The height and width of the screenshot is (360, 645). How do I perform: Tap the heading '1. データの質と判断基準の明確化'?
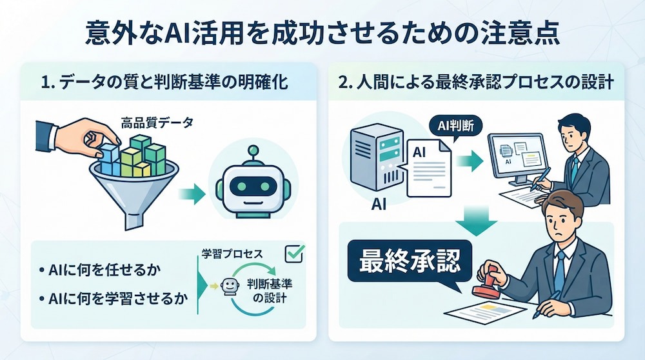[164, 83]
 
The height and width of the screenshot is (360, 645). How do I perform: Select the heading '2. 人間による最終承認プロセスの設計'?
[477, 83]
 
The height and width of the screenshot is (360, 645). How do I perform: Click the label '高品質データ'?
[157, 122]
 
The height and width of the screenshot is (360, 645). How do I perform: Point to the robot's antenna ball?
[253, 150]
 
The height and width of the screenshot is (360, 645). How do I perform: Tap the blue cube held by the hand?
[108, 154]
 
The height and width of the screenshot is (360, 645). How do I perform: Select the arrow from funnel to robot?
[192, 194]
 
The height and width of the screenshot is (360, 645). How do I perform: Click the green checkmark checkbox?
[295, 254]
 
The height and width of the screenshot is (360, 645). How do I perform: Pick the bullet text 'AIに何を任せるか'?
[100, 270]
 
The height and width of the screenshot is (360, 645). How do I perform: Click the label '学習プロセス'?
[232, 254]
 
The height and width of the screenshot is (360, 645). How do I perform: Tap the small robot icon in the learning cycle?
[230, 286]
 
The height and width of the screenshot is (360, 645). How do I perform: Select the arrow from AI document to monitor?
[470, 161]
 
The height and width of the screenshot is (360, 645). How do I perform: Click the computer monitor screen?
[517, 156]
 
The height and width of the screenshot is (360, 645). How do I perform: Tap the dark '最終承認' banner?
[410, 261]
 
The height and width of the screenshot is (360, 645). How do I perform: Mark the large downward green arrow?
[477, 221]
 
